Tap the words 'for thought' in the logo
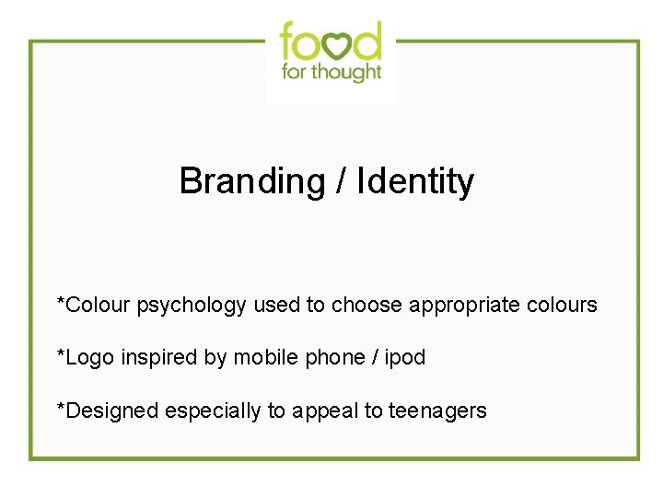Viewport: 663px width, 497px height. pos(331,72)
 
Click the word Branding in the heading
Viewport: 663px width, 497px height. pos(251,181)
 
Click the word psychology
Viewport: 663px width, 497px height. pos(192,305)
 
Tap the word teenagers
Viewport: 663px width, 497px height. pos(437,410)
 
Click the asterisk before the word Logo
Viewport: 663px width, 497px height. pos(61,353)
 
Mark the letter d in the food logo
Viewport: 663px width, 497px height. pos(366,40)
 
